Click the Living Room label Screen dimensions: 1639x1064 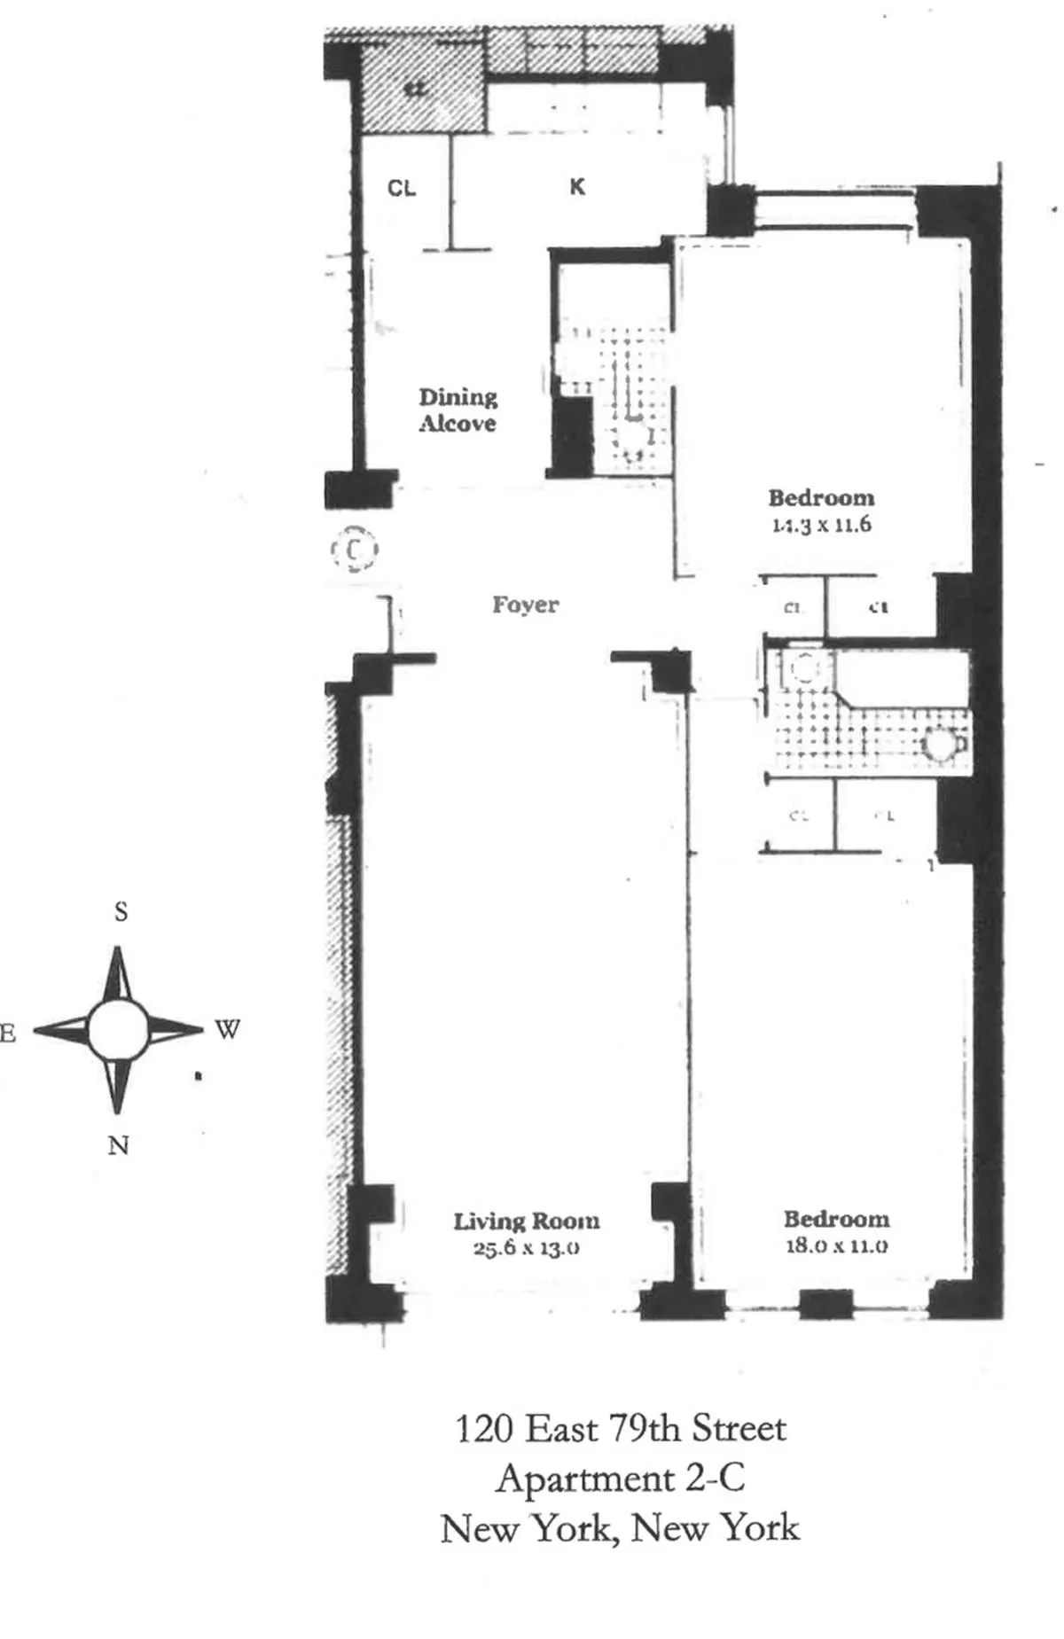coord(526,1221)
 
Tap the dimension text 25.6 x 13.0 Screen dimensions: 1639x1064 coord(526,1248)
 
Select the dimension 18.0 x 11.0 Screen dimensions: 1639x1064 coord(836,1245)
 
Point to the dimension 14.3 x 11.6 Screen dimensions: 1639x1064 coord(821,524)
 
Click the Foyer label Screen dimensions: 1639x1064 coord(525,605)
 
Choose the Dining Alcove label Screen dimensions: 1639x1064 coord(458,410)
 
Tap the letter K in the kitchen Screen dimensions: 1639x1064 coord(577,187)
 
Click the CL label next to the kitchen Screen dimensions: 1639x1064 coord(402,188)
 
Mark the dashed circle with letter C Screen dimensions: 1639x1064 coord(355,550)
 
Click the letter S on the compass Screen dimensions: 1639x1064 coord(121,911)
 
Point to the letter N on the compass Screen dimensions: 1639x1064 coord(118,1145)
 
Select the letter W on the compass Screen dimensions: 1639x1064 coord(227,1030)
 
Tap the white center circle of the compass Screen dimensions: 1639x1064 coord(118,1030)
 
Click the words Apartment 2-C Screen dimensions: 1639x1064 coord(620,1479)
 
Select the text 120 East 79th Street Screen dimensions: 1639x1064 coord(620,1429)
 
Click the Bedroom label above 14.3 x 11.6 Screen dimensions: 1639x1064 coord(821,497)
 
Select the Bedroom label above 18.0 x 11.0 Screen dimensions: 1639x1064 coord(836,1219)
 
